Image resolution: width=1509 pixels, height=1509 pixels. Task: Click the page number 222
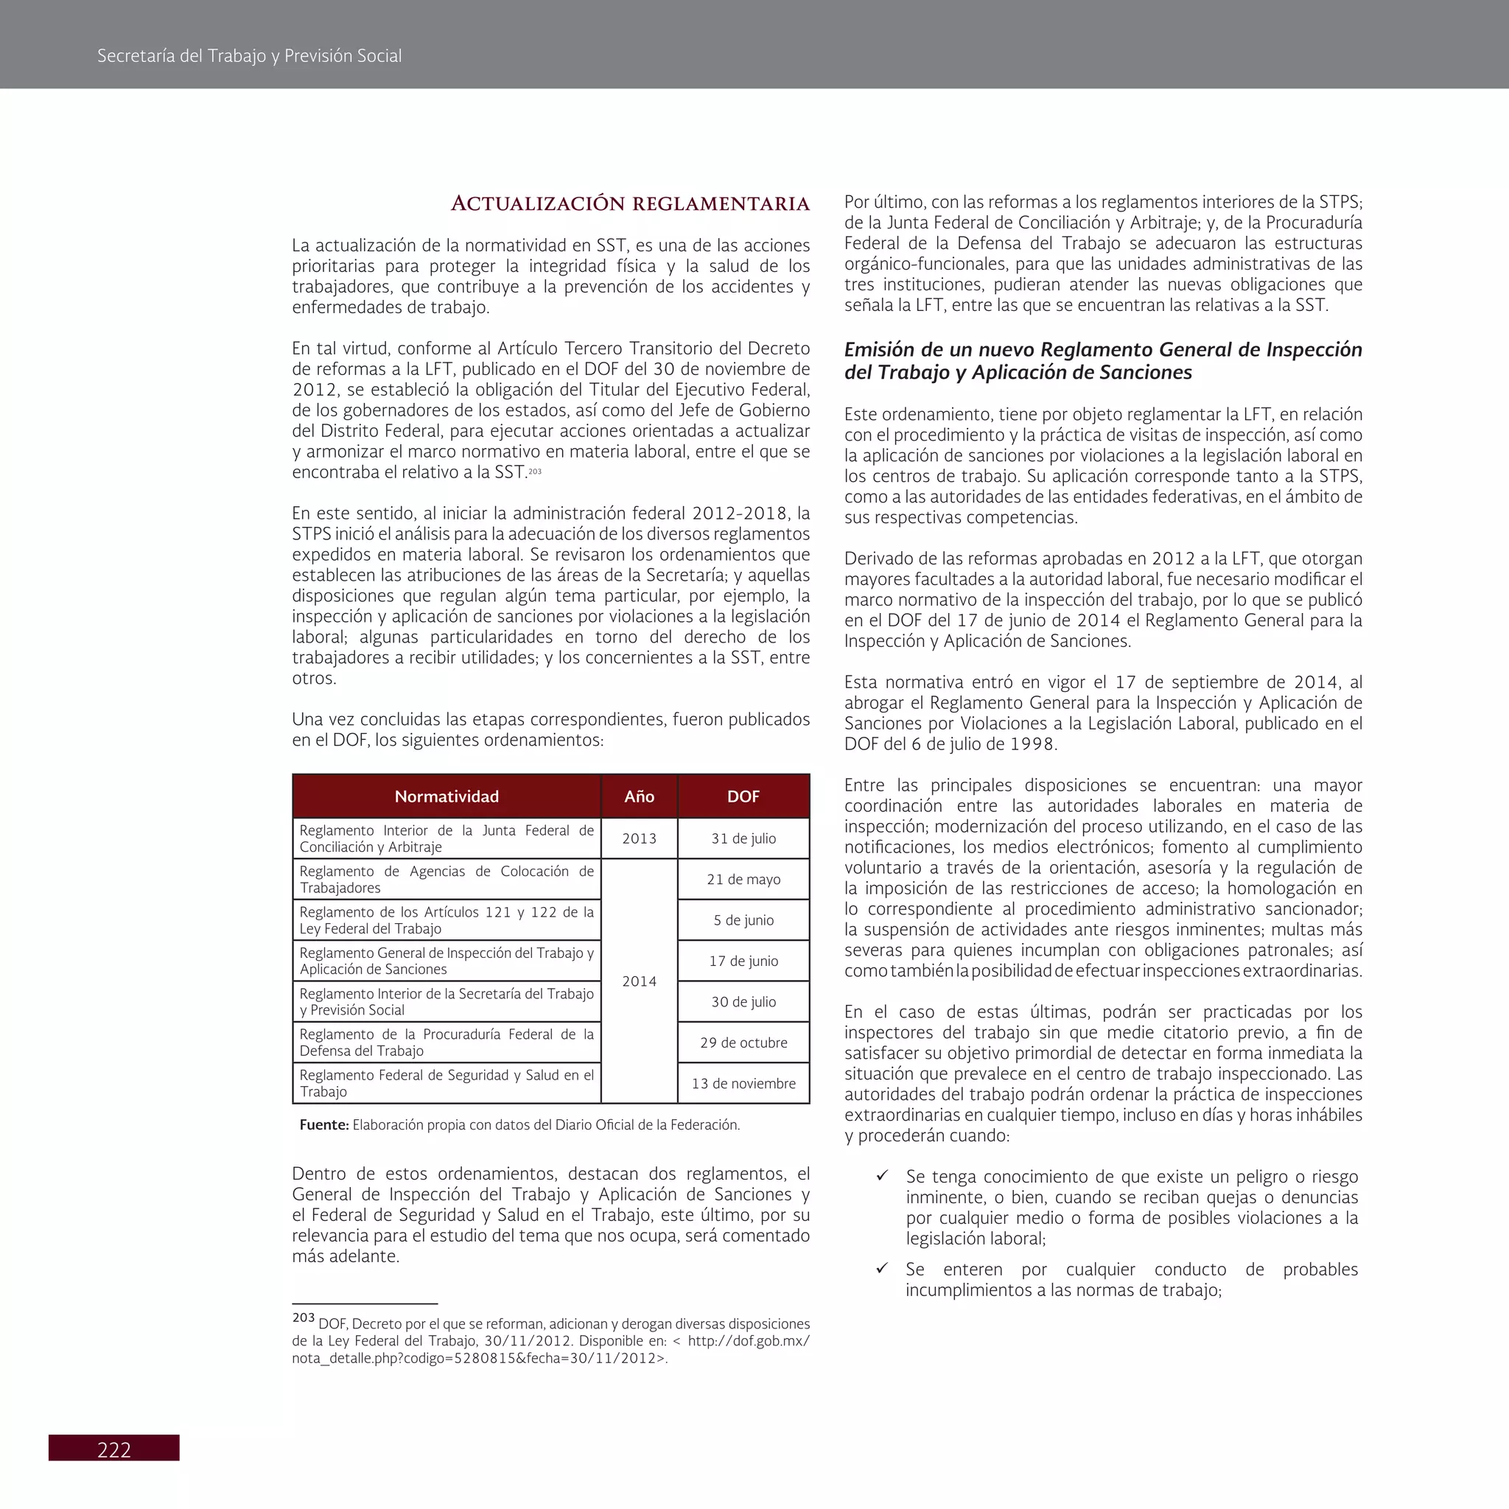pyautogui.click(x=114, y=1449)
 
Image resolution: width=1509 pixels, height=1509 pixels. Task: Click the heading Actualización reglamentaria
pyautogui.click(x=629, y=204)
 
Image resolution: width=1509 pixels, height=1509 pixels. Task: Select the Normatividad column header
pyautogui.click(x=446, y=796)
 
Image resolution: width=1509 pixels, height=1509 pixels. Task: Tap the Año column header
pyautogui.click(x=639, y=796)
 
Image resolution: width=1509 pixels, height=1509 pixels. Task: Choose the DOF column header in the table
pyautogui.click(x=743, y=796)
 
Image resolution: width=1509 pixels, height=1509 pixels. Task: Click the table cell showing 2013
pyautogui.click(x=639, y=838)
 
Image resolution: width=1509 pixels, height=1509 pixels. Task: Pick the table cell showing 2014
pyautogui.click(x=639, y=981)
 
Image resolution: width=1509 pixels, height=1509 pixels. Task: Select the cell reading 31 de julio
pyautogui.click(x=743, y=838)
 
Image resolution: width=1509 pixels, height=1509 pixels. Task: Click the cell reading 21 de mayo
pyautogui.click(x=743, y=879)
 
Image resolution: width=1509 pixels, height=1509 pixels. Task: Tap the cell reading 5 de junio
pyautogui.click(x=743, y=920)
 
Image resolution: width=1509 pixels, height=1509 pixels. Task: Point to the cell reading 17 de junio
pyautogui.click(x=743, y=961)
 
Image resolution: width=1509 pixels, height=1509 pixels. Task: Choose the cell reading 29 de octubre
pyautogui.click(x=743, y=1043)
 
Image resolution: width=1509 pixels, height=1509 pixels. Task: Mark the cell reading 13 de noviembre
pyautogui.click(x=743, y=1083)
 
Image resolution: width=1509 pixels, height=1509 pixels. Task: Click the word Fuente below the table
pyautogui.click(x=323, y=1124)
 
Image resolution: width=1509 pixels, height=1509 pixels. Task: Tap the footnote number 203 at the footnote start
pyautogui.click(x=303, y=1317)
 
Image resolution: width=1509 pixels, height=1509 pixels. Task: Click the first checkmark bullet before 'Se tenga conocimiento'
pyautogui.click(x=882, y=1175)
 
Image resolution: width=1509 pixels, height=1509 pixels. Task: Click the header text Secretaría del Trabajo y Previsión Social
pyautogui.click(x=249, y=55)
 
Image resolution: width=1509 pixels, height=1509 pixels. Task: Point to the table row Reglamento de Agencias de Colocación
pyautogui.click(x=446, y=879)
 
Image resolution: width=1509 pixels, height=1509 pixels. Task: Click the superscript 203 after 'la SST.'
pyautogui.click(x=535, y=471)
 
